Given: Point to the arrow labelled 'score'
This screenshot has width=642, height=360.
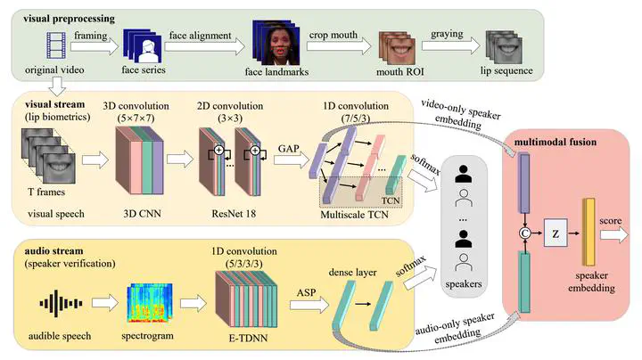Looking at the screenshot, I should pos(614,234).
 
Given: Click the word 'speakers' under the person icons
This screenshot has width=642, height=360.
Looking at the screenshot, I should pos(462,285).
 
